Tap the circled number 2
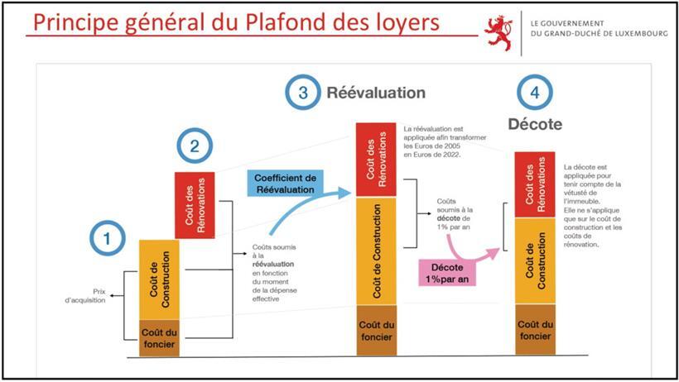click(x=195, y=147)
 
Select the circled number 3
click(x=303, y=93)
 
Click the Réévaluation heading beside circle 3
click(x=376, y=93)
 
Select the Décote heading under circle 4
click(x=534, y=125)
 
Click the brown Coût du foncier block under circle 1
click(x=158, y=337)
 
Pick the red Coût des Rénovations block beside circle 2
click(x=195, y=203)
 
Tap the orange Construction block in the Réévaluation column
click(x=375, y=251)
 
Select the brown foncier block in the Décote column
click(x=535, y=330)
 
